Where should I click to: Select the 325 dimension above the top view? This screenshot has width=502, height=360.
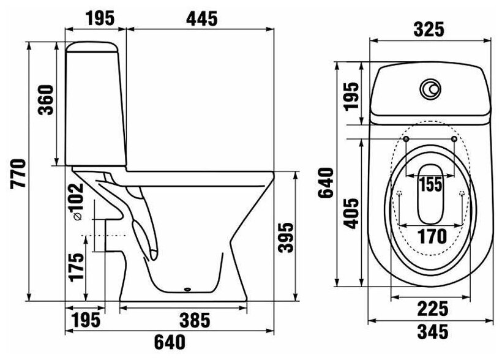click(429, 29)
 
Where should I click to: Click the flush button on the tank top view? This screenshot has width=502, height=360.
click(430, 90)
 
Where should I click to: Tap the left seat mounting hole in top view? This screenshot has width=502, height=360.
click(406, 140)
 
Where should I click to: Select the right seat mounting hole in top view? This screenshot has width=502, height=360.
click(453, 140)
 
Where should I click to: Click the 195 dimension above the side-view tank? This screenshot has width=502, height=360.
click(100, 18)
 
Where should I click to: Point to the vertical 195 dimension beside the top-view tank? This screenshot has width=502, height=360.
click(351, 97)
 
